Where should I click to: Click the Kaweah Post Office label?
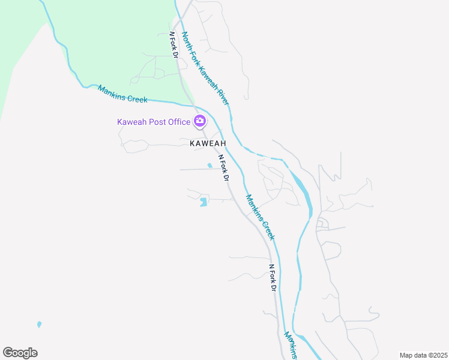point(153,122)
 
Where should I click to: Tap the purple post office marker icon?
point(200,121)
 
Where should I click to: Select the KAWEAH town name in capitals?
point(208,144)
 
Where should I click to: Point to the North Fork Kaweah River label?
point(205,68)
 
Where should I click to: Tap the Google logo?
point(20,353)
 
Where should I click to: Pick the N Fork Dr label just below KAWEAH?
point(223,168)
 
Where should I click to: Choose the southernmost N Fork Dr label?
point(272,278)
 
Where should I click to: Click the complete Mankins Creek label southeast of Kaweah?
point(260,217)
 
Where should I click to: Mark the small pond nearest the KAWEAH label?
point(209,166)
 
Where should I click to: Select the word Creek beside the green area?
point(136,97)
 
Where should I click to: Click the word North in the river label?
point(186,40)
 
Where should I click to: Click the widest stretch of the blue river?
point(304,191)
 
